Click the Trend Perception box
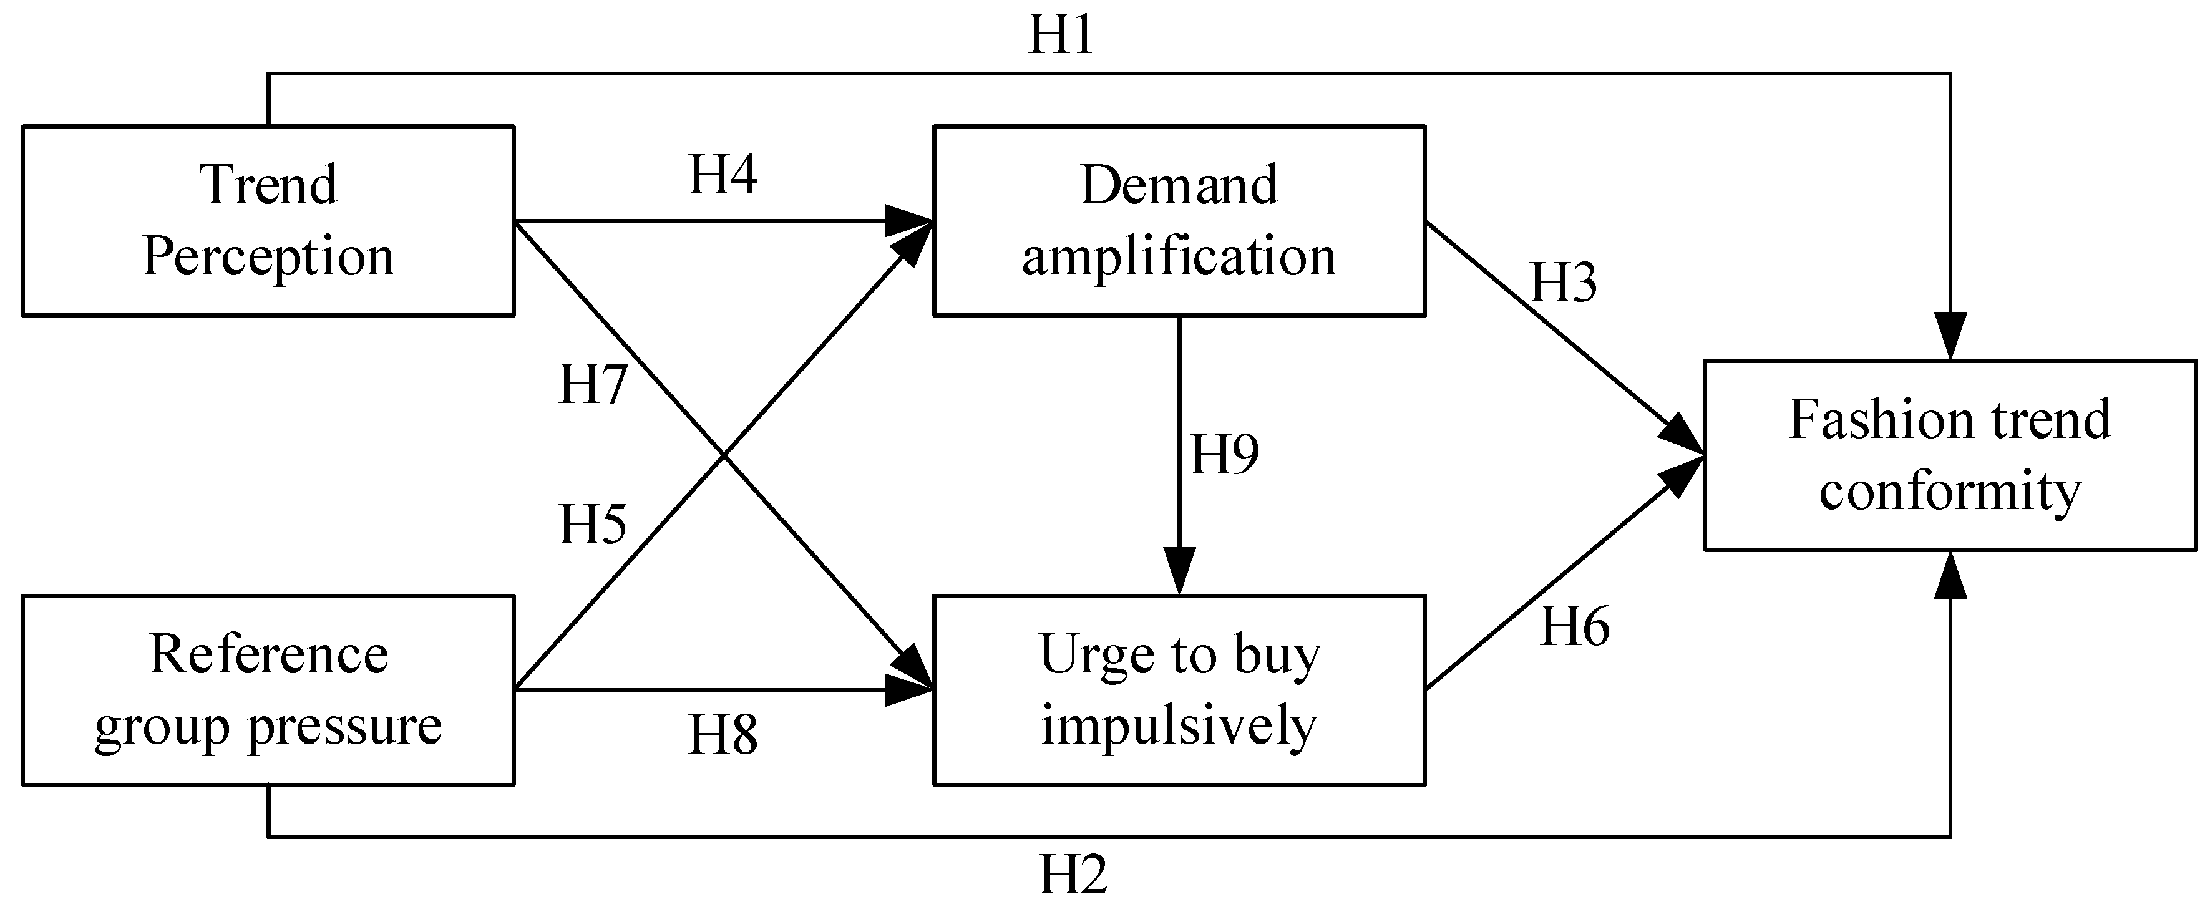click(x=268, y=221)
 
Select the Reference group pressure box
click(x=268, y=690)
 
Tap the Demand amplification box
click(x=1179, y=221)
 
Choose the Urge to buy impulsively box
click(x=1179, y=690)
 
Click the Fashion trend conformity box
click(x=1949, y=455)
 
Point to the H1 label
click(x=1061, y=36)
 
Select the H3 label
click(x=1563, y=283)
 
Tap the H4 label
click(x=723, y=175)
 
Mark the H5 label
click(x=593, y=524)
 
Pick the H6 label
click(x=1575, y=626)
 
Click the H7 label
click(x=593, y=384)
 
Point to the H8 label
click(x=723, y=735)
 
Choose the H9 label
click(x=1224, y=455)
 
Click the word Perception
click(x=268, y=256)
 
